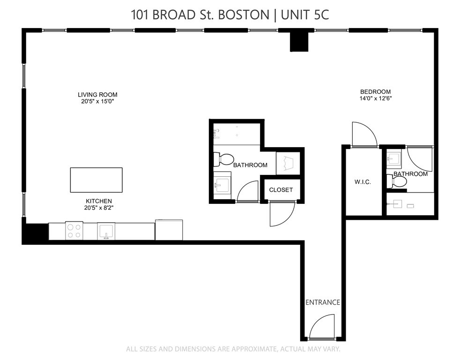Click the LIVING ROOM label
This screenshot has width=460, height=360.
[97, 95]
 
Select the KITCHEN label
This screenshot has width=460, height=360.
[98, 201]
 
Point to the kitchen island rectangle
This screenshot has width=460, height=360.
[96, 180]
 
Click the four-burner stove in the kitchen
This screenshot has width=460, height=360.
[74, 231]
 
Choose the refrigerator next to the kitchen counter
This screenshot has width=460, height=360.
[169, 230]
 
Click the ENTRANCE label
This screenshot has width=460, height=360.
[322, 302]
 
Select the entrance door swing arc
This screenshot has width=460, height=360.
[322, 327]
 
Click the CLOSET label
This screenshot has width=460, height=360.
[281, 190]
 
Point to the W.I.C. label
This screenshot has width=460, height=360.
[363, 182]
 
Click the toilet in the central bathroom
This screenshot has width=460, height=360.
[223, 159]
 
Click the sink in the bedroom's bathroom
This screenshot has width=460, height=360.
[394, 159]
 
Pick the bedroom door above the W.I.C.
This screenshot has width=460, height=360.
[364, 135]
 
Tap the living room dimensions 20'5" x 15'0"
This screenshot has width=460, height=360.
[97, 102]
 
